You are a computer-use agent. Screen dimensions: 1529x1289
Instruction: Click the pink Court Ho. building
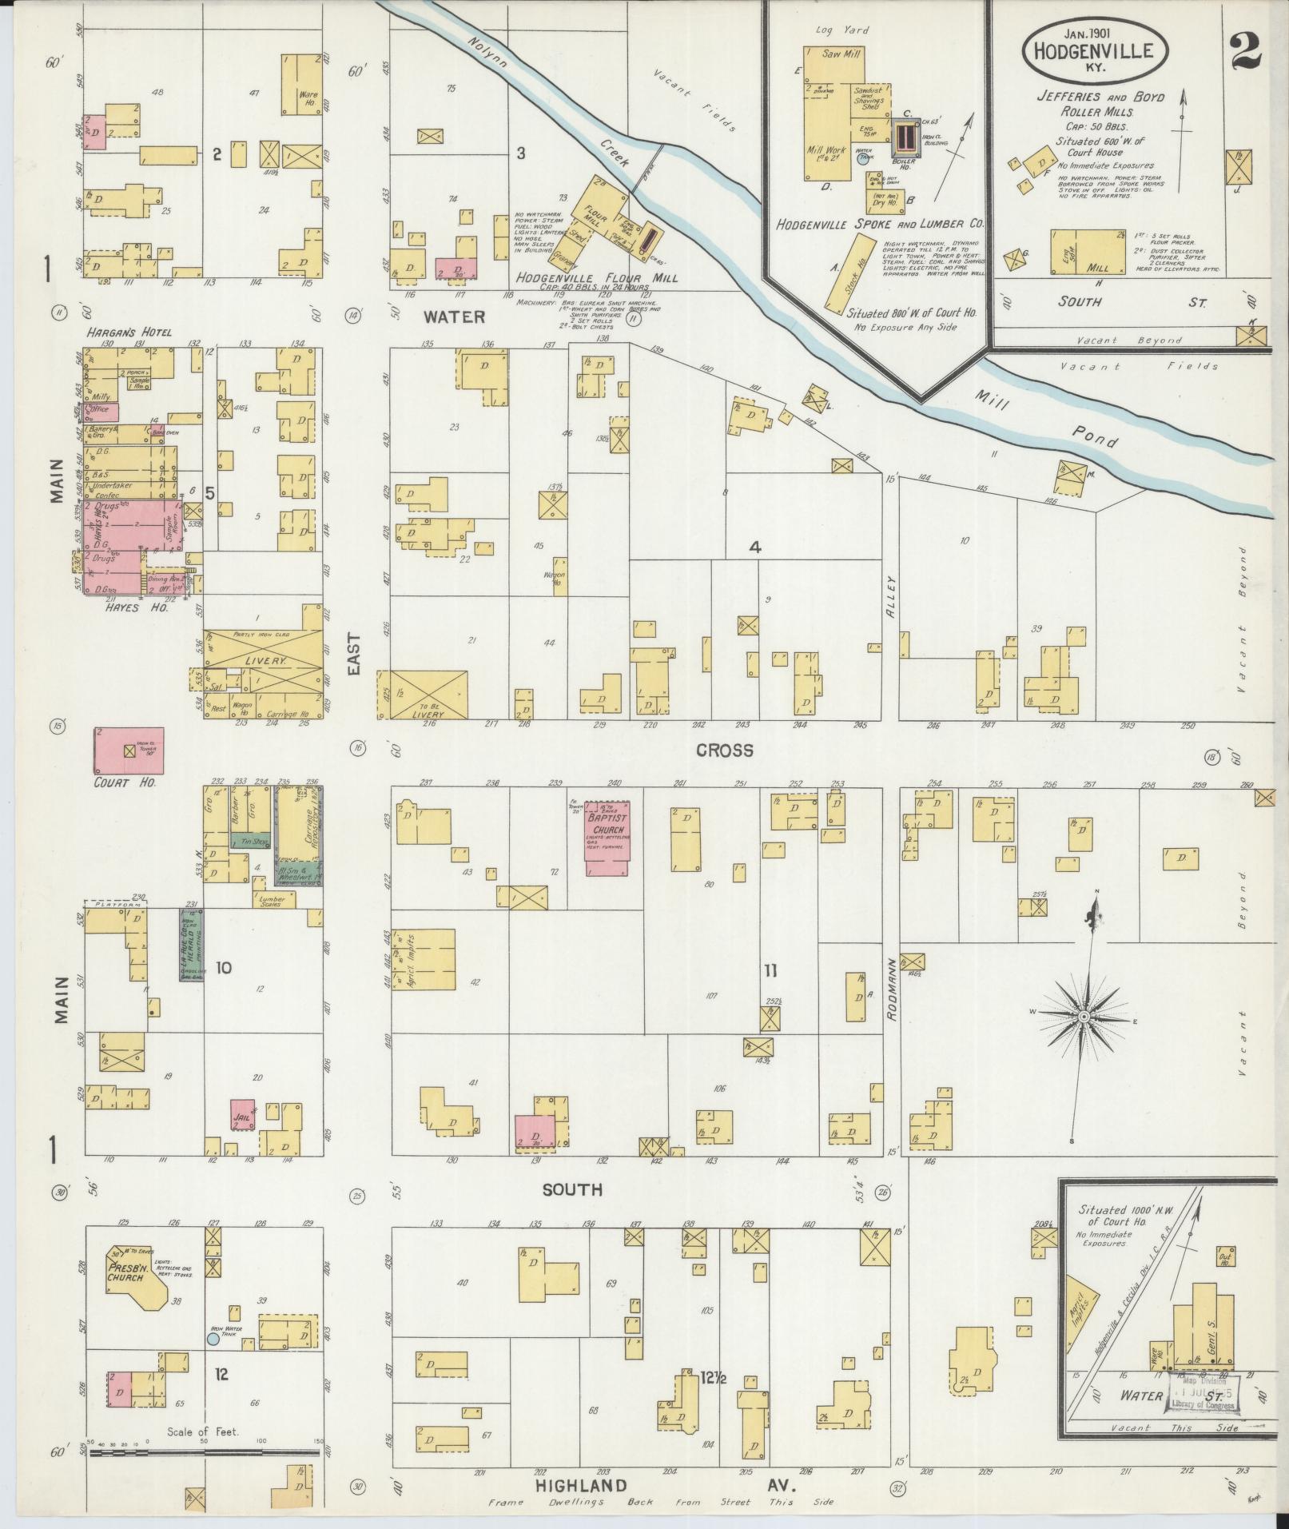coord(129,751)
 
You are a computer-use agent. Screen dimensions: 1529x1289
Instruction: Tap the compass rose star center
coord(1084,1016)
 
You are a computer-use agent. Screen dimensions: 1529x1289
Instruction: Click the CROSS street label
coord(724,750)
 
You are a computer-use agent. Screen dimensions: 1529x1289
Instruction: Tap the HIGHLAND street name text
coord(580,1486)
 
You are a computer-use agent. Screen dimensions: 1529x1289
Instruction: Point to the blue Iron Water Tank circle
coord(213,1337)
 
